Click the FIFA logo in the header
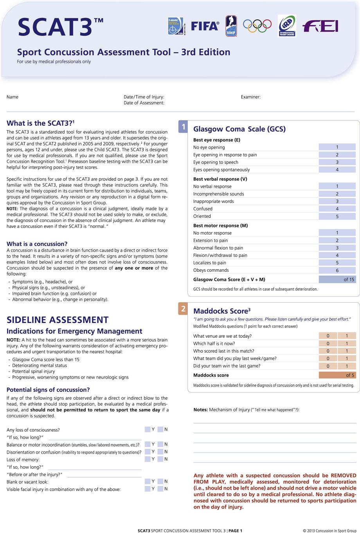click(205, 26)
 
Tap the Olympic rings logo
click(257, 26)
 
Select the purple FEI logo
click(320, 26)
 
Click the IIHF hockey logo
click(231, 26)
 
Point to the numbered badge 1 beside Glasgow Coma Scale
click(183, 127)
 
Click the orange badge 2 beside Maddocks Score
click(183, 309)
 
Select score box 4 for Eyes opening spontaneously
click(337, 170)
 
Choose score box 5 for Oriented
click(337, 216)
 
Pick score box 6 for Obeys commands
click(337, 270)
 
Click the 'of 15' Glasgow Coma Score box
click(337, 280)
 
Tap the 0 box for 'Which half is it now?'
click(328, 344)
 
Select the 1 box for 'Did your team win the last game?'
click(347, 366)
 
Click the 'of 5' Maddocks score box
click(337, 375)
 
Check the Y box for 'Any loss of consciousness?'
click(148, 429)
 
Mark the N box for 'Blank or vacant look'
click(160, 481)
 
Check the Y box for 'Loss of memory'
click(148, 459)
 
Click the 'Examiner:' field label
click(250, 97)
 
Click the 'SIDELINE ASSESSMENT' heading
click(58, 320)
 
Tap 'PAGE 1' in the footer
click(235, 531)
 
